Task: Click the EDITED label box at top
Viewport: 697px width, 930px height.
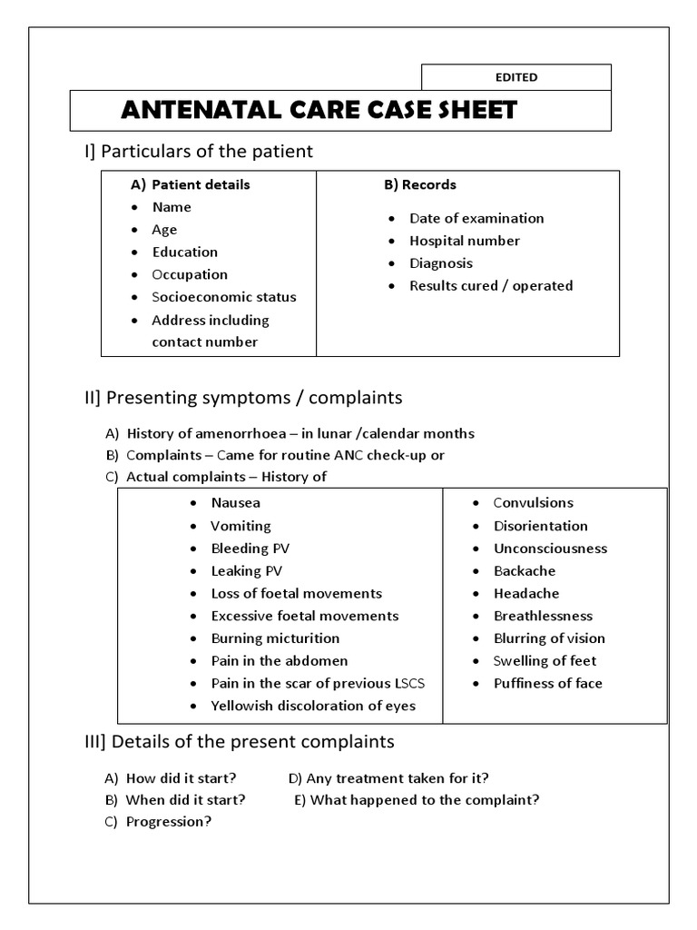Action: (516, 77)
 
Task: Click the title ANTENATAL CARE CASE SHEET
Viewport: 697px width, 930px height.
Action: (319, 111)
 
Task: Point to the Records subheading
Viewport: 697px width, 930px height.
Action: (420, 184)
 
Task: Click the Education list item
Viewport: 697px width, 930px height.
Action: (185, 252)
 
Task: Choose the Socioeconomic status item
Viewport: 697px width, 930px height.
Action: (224, 297)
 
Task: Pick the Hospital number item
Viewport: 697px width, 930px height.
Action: (465, 241)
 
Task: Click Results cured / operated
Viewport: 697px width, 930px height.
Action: (491, 285)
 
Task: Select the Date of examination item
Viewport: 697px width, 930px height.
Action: (476, 218)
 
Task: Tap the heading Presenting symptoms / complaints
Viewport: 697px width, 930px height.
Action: (244, 398)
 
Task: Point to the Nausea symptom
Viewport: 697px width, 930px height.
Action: (235, 503)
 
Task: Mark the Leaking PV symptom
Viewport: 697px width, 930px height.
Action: (246, 571)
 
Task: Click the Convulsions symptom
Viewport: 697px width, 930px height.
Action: (533, 503)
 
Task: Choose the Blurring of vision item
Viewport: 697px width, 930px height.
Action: (549, 638)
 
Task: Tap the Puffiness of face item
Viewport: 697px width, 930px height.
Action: (547, 683)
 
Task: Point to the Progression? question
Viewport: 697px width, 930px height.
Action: (169, 822)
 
